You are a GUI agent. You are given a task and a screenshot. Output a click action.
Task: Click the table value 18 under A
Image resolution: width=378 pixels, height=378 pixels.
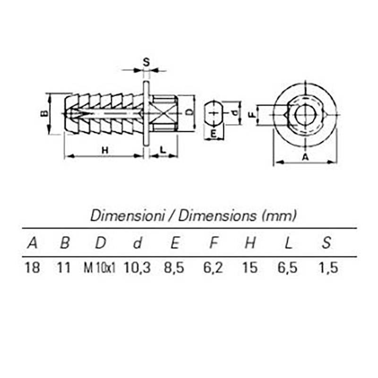tap(32, 267)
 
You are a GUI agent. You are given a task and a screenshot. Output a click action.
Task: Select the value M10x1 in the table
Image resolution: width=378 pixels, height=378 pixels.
tap(99, 267)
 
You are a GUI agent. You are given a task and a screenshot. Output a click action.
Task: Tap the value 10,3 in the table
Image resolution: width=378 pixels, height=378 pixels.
tap(137, 268)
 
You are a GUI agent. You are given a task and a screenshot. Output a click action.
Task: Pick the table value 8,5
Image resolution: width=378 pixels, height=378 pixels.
tap(174, 268)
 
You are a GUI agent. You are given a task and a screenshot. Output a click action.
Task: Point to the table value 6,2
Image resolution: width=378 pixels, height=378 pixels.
tap(213, 268)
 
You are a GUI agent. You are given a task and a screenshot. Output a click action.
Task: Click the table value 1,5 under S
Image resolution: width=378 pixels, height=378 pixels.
tap(328, 268)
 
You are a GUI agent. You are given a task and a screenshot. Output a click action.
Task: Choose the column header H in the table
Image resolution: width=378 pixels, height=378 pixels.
tap(250, 242)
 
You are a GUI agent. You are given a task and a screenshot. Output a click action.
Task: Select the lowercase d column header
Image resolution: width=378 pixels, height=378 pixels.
tap(137, 242)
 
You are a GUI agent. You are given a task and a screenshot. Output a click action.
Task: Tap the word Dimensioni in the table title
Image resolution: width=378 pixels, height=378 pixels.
tap(127, 215)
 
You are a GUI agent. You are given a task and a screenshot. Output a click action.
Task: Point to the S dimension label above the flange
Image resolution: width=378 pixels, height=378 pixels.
tap(146, 62)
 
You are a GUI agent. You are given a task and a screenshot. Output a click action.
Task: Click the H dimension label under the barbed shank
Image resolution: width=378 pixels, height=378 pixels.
tap(105, 150)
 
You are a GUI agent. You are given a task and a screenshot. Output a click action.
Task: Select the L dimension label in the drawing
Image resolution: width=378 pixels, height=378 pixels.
tap(163, 150)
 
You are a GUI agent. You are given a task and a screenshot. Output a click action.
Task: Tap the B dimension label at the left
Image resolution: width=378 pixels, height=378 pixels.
tap(44, 113)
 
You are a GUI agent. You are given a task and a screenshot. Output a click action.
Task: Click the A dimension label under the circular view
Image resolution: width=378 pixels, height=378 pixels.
tap(305, 157)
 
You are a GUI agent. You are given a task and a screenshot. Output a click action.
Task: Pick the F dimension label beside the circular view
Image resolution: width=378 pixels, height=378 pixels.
tap(252, 115)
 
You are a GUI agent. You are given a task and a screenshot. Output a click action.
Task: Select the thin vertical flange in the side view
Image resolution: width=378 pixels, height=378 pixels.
tap(146, 113)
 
